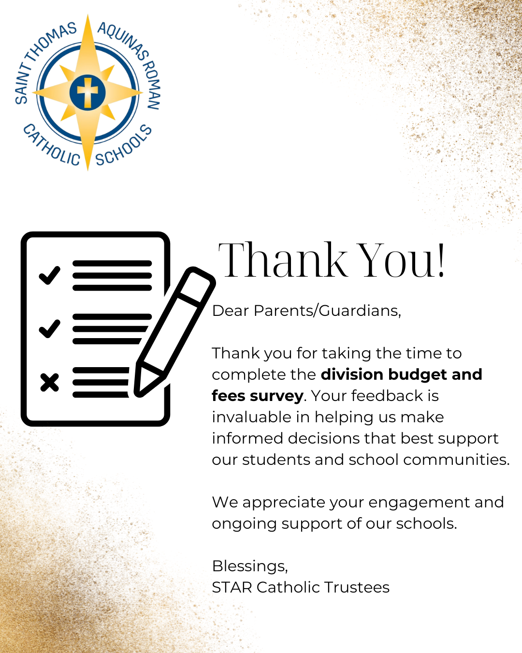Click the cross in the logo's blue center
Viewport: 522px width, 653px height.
[87, 92]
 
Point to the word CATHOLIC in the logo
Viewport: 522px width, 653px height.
[51, 146]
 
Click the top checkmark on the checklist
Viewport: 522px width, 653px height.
[49, 275]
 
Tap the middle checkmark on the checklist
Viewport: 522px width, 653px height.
[49, 328]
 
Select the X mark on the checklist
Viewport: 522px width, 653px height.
[49, 382]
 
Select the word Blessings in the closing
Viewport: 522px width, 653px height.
[249, 566]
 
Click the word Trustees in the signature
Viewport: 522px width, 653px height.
[357, 587]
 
